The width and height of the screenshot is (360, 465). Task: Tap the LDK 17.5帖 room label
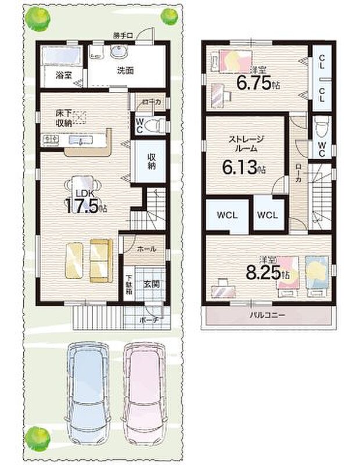[x=84, y=201]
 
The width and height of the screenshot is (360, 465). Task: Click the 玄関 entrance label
[x=152, y=284]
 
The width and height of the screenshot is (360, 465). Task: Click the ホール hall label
[x=147, y=249]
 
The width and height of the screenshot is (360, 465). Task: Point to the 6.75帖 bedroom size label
[x=257, y=83]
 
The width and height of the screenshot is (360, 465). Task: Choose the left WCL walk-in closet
[x=227, y=214]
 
